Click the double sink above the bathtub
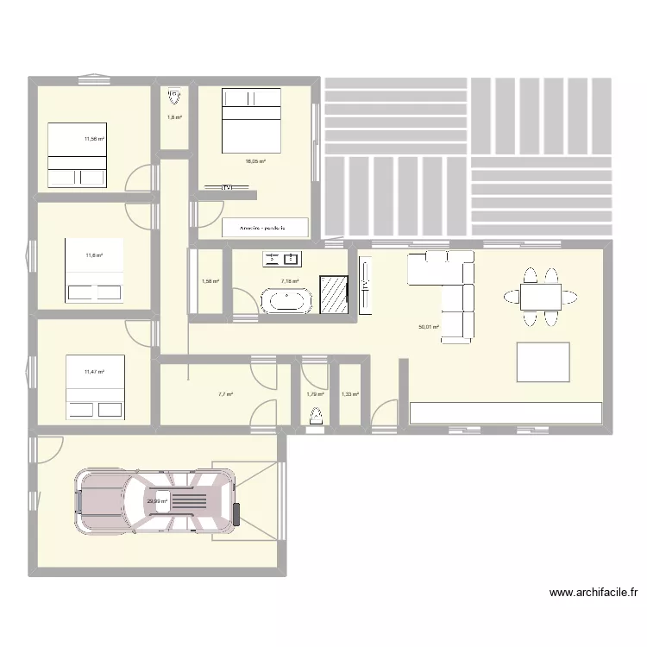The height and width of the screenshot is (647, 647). [281, 258]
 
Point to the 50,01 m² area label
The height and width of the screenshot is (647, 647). [429, 328]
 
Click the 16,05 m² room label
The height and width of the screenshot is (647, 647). [254, 161]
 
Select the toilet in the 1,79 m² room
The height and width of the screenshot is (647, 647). [316, 415]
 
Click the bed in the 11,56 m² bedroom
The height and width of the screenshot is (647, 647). [77, 154]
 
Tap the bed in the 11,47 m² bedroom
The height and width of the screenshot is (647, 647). [96, 387]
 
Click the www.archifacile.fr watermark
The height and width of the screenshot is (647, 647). [595, 593]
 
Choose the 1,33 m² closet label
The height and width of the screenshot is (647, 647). [349, 394]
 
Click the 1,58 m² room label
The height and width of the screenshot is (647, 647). [210, 280]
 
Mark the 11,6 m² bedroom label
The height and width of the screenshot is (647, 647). [93, 255]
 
